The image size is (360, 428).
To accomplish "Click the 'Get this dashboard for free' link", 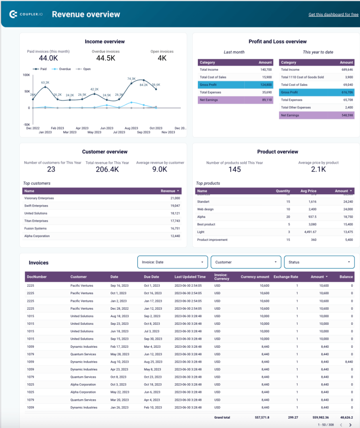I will pos(333,15).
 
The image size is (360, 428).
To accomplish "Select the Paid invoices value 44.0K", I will pos(48,58).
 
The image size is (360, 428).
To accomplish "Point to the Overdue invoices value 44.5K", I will pos(105,58).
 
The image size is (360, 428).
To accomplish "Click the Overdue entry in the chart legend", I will pos(62,69).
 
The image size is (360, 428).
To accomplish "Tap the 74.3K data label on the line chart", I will pos(131,79).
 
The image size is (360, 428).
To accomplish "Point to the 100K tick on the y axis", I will pos(26,75).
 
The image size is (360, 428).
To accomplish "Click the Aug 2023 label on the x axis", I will pos(131,128).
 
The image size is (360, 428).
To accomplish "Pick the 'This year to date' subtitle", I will pos(318,52).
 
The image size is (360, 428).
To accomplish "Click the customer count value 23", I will pos(51,169).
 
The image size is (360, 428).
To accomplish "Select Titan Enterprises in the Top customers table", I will pos(37,221).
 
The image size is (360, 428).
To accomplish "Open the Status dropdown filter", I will pos(319,262).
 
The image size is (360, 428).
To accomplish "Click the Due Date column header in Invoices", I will pos(151,277).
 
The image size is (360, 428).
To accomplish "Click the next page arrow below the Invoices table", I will pos(350,425).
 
